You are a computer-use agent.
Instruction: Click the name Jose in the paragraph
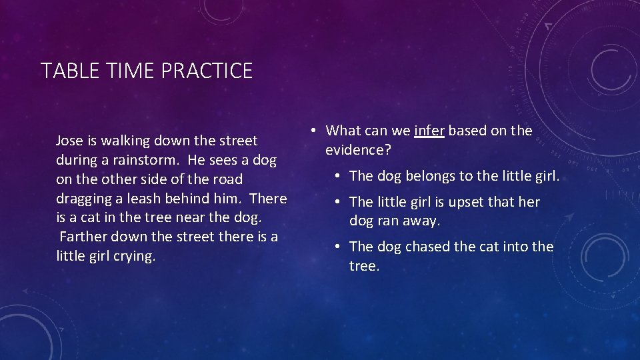(69, 141)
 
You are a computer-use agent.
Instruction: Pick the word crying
(134, 257)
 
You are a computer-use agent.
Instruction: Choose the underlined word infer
(429, 131)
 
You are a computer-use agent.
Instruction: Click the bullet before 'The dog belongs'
(339, 176)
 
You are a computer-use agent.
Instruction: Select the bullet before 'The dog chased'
(339, 247)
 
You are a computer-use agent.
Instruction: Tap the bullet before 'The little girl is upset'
(339, 202)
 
